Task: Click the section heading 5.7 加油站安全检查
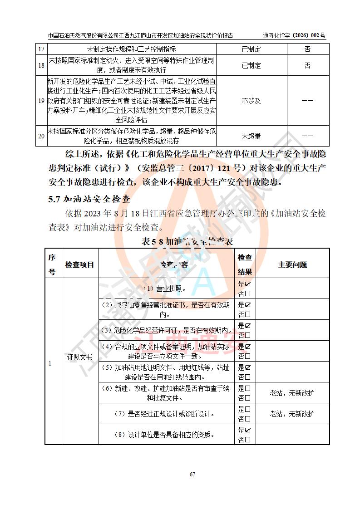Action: [x=89, y=199]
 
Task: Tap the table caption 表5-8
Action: [x=187, y=241]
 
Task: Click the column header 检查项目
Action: [x=79, y=264]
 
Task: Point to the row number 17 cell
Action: [x=41, y=49]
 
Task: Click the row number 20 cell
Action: [x=41, y=136]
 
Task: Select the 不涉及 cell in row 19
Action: [x=251, y=101]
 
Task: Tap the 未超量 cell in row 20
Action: [x=251, y=136]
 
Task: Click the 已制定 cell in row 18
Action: [x=251, y=66]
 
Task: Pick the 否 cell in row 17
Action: [x=307, y=49]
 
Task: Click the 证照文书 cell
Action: [x=79, y=357]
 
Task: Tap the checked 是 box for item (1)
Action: [x=248, y=284]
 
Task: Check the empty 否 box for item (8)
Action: [x=248, y=440]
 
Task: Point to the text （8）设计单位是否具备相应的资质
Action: [x=165, y=435]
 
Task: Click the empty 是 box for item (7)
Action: [x=248, y=409]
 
